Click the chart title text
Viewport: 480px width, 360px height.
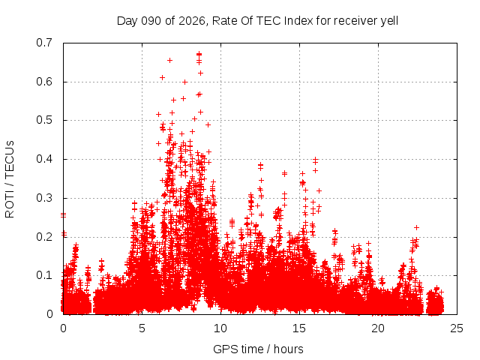tap(257, 20)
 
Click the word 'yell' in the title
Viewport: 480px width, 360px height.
tap(388, 20)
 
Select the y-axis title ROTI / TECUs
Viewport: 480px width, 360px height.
tap(10, 178)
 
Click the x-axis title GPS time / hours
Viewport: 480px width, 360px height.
tap(257, 349)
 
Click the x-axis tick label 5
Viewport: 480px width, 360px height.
tap(142, 328)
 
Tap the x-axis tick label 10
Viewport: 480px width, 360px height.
tap(220, 328)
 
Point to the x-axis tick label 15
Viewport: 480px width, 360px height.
tap(299, 328)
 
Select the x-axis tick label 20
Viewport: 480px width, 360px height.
tap(378, 328)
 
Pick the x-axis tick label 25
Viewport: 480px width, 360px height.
tap(457, 328)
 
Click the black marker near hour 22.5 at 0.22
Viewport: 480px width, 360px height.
tap(416, 227)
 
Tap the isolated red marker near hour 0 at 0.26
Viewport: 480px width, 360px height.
tap(63, 214)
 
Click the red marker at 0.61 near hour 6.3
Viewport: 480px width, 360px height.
tap(162, 77)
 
